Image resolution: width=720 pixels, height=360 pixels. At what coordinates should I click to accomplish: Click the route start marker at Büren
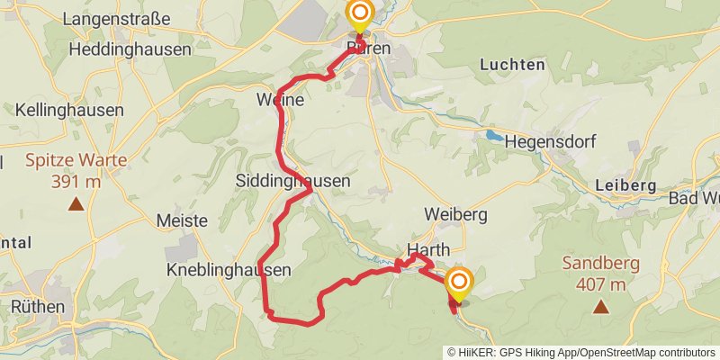click(359, 14)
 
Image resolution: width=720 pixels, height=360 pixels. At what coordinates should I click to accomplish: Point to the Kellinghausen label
click(69, 110)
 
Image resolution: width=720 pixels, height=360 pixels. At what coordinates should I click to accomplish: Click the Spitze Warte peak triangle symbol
click(76, 204)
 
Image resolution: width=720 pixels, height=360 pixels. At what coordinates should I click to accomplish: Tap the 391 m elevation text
click(76, 181)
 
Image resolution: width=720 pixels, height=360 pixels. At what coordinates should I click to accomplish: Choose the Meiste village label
click(182, 220)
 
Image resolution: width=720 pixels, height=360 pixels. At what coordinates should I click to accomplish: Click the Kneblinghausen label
click(229, 270)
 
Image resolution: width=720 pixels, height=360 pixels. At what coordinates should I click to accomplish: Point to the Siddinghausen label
click(292, 180)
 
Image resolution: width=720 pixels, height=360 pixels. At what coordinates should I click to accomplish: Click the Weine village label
click(280, 102)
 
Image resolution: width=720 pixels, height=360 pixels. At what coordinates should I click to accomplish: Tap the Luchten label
click(512, 65)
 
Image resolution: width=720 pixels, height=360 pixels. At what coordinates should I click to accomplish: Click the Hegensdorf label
click(550, 141)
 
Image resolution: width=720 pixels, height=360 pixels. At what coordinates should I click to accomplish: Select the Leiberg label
click(625, 184)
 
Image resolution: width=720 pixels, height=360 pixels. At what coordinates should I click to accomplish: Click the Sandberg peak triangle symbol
click(599, 307)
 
